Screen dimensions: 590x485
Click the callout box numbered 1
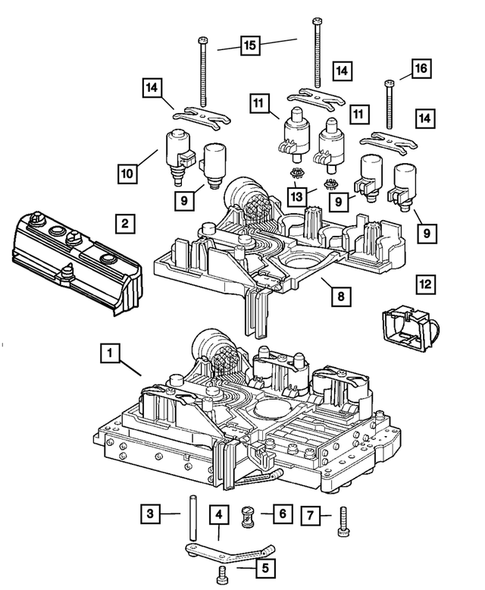[108, 352]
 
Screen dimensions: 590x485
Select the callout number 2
[123, 223]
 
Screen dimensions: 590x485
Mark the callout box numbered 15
[250, 45]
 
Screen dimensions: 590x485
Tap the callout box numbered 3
[149, 514]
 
